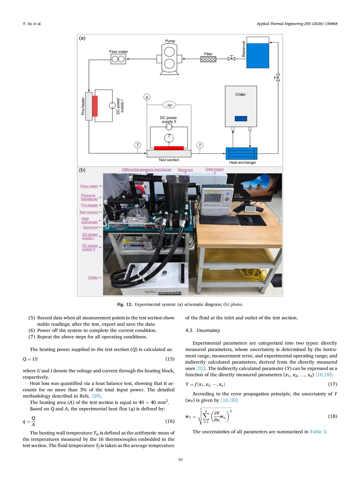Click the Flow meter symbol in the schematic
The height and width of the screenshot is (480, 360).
pos(118,59)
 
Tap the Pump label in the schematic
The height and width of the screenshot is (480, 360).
pos(170,41)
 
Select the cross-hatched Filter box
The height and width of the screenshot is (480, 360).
pos(208,59)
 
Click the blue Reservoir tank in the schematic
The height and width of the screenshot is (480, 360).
pos(258,55)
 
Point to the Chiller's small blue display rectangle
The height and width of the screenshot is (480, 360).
pos(241,119)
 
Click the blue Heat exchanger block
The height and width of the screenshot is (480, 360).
pos(241,154)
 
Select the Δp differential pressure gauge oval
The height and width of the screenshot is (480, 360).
pos(169,105)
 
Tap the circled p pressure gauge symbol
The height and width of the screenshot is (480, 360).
pos(147,97)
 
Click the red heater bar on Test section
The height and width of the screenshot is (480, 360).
pos(169,148)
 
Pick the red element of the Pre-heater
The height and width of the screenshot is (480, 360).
pos(95,106)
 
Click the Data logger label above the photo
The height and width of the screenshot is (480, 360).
pos(215,169)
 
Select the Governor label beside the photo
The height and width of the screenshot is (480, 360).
pos(90,227)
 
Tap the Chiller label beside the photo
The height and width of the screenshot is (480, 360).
pos(93,278)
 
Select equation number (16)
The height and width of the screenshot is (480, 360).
pos(170,421)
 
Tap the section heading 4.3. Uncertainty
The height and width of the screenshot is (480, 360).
pos(203,330)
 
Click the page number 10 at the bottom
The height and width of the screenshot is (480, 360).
pos(180,460)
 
